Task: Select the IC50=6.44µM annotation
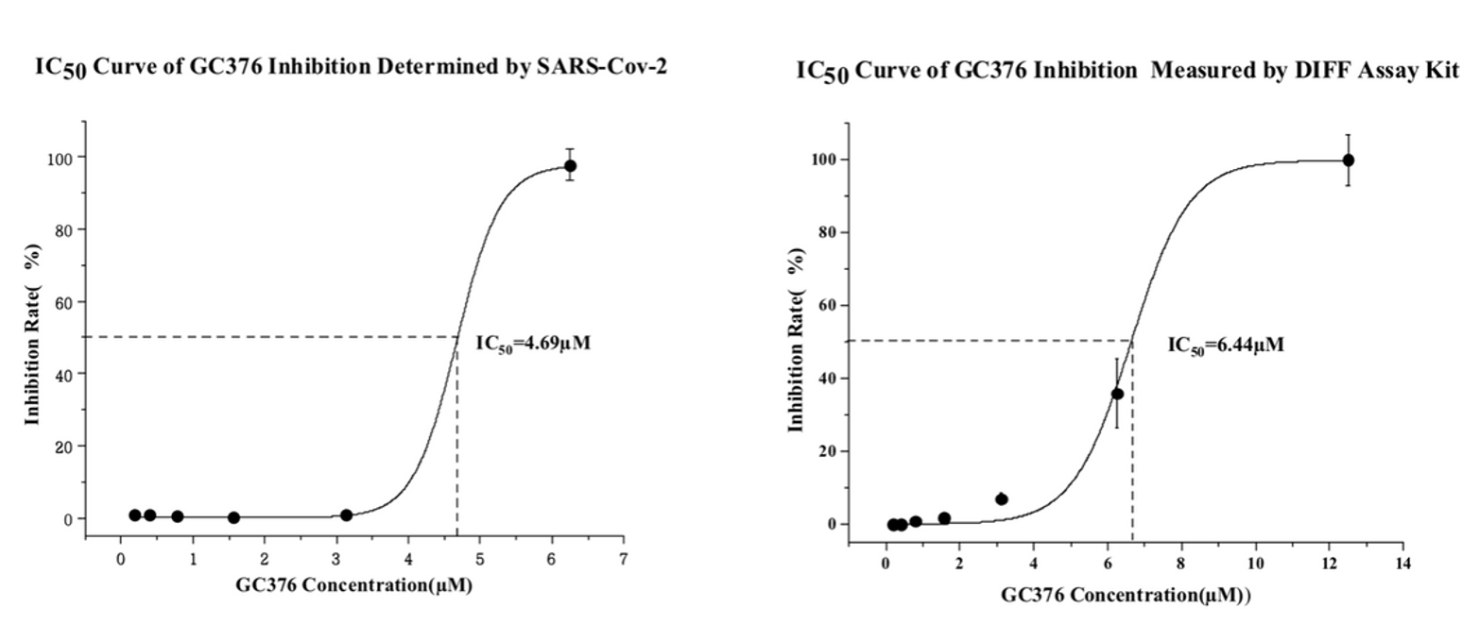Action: pos(1226,346)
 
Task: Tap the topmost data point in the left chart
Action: pos(570,165)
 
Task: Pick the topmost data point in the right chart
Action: pos(1348,160)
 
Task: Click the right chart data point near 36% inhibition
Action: pos(1117,394)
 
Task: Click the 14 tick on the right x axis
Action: pos(1402,564)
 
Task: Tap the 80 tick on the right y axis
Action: pos(825,232)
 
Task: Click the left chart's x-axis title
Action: pos(353,585)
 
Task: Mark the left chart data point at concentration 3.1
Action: pos(346,515)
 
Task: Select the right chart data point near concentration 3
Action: pos(1002,498)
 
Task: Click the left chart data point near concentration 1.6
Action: pos(233,517)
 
